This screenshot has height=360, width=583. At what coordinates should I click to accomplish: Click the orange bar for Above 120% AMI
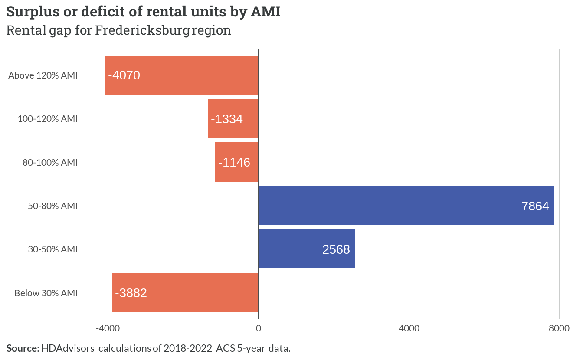181,75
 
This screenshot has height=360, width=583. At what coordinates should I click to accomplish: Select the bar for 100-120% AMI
233,118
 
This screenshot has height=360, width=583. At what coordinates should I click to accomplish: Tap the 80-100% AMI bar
236,162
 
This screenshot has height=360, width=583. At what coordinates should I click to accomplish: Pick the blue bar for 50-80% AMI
406,206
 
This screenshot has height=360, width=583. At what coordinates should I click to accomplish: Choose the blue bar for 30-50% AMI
306,249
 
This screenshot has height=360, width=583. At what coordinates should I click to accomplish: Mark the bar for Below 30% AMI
185,293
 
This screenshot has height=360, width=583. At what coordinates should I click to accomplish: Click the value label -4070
124,75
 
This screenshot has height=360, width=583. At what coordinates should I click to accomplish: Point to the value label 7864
535,206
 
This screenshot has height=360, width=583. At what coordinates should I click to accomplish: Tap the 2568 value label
336,250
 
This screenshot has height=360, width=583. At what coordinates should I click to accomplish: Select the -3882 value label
131,293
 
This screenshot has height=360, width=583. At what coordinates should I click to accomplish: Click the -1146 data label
234,162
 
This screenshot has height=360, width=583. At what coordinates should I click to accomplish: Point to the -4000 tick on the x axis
108,328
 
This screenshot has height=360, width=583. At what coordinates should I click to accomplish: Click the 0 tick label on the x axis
258,328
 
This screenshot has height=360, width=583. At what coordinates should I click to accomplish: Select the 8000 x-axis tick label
559,328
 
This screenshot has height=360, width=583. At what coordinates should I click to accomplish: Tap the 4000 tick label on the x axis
409,328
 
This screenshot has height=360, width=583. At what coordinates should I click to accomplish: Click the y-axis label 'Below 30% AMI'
46,293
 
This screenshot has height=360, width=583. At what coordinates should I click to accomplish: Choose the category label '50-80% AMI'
53,206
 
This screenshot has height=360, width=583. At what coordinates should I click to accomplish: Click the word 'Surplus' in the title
33,12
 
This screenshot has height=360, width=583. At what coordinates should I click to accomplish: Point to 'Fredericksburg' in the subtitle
142,30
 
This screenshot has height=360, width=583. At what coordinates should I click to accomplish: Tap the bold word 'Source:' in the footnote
23,348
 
